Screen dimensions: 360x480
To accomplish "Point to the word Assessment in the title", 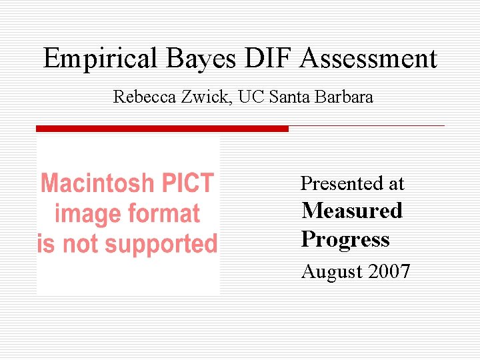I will tap(368, 59).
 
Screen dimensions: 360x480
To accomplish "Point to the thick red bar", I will tap(162, 129).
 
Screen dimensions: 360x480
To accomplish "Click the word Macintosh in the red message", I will tap(94, 183).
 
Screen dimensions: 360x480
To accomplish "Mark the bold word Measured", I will tap(352, 211).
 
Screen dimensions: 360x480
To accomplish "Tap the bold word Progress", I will tap(345, 239).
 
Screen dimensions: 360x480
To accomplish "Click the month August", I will tap(328, 272).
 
